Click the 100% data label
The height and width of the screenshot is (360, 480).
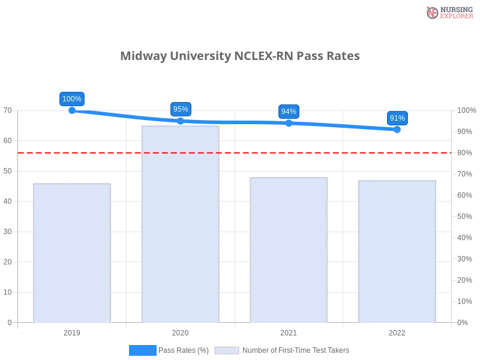point(72,99)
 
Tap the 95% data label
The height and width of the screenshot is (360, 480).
point(180,109)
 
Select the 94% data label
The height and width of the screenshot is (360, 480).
point(289,112)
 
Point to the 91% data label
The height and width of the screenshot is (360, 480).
point(397,118)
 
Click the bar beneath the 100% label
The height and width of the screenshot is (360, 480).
point(72,252)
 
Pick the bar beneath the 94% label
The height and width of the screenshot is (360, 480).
point(290,248)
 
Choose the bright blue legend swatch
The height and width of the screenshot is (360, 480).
point(143,350)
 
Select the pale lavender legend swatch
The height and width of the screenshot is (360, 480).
point(227,350)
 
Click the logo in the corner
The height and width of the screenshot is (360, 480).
point(449,12)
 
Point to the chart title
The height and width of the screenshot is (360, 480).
point(240,57)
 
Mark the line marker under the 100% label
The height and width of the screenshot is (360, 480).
point(72,111)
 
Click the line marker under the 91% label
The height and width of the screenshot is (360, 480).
point(397,129)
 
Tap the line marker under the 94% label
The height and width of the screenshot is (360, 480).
point(289,123)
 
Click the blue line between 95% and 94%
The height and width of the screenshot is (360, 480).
point(234,122)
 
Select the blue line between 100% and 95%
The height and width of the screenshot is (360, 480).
point(126,116)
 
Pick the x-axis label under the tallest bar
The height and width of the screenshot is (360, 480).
point(180,331)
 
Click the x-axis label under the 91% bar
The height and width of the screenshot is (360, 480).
point(397,331)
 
